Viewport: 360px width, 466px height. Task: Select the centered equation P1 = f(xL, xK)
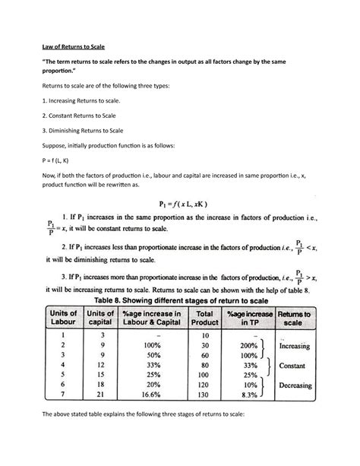[x=180, y=204]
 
